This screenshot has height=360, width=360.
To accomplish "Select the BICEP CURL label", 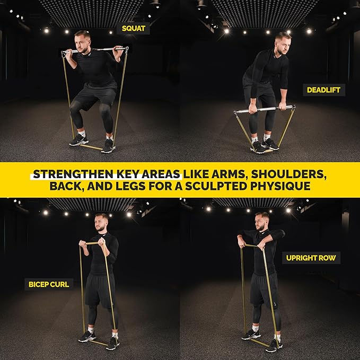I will [x=49, y=284].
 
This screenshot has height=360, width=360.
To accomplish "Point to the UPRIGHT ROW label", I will [x=311, y=258].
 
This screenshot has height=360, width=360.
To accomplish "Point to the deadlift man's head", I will [x=283, y=42].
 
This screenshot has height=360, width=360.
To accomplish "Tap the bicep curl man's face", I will [x=101, y=223].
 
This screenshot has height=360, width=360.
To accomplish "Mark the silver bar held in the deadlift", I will [x=264, y=110].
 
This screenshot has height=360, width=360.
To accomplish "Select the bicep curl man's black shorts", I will [x=100, y=289].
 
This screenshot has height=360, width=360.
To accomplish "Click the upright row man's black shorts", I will [x=264, y=289].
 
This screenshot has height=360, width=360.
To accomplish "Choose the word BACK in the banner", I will [x=67, y=187].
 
